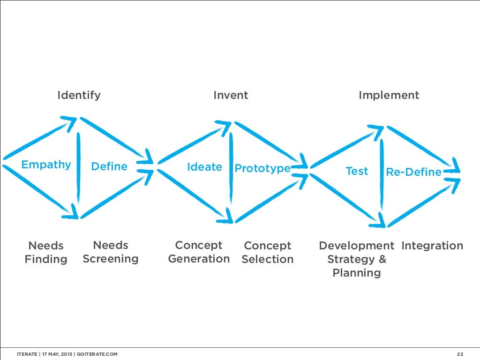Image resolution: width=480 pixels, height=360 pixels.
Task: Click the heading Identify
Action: tap(79, 96)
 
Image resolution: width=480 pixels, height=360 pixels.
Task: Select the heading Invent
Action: tap(231, 96)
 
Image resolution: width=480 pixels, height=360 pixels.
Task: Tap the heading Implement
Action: tap(389, 96)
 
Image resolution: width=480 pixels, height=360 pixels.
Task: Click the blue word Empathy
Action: tap(46, 165)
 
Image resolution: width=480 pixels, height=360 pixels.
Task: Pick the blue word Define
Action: tap(109, 166)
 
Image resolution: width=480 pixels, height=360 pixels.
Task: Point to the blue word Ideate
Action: tap(204, 167)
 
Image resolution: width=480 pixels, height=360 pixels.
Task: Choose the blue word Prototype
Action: tap(262, 168)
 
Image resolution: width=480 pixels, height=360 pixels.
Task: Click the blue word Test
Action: tap(357, 172)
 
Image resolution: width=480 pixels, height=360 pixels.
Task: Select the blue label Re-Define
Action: tap(413, 172)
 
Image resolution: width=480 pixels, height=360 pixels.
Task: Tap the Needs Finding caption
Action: tap(46, 253)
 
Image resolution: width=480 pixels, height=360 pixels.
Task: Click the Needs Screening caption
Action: tap(111, 252)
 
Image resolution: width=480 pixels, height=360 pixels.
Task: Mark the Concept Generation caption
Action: tap(199, 252)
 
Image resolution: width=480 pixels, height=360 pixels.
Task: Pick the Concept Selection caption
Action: tap(268, 253)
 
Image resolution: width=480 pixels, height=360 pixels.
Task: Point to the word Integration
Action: tap(432, 246)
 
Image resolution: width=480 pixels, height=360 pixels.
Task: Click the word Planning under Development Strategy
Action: tap(356, 273)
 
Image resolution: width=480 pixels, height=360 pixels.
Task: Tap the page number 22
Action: tap(460, 354)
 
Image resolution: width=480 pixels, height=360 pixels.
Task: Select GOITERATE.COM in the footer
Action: tap(97, 354)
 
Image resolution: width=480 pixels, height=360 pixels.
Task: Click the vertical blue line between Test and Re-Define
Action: tap(382, 176)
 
